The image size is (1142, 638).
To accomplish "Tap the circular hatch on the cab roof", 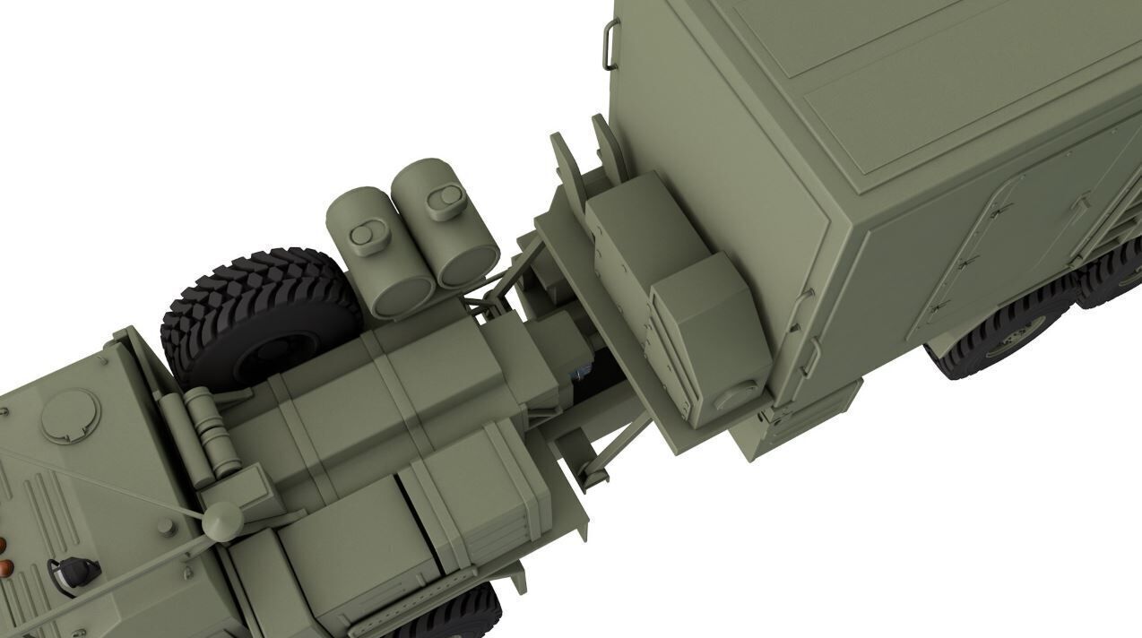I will click(x=71, y=415).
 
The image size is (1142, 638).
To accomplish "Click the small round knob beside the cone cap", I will click(x=167, y=526).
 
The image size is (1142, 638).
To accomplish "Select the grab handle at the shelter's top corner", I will click(x=610, y=45).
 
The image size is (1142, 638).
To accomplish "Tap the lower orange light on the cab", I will click(x=6, y=567).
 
